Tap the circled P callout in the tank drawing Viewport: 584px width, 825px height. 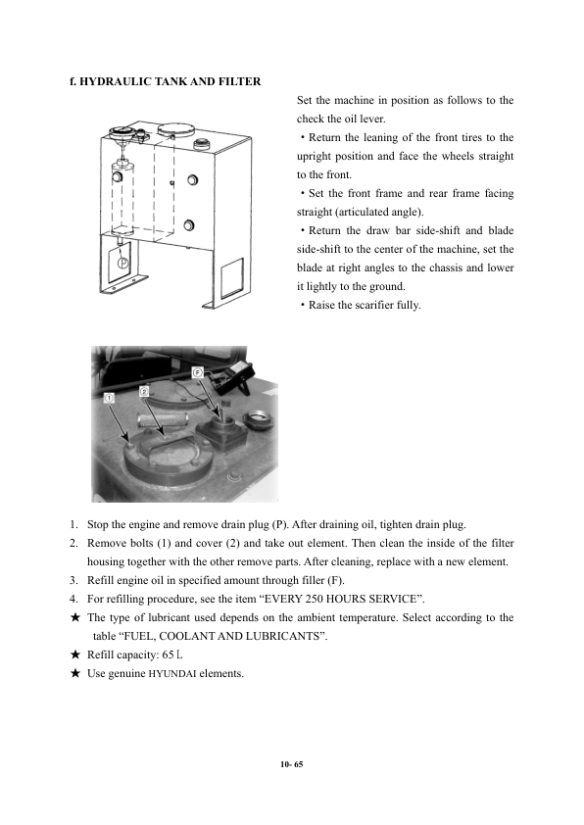(122, 262)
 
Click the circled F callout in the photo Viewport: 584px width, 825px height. (197, 372)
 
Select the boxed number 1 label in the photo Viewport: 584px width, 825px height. (109, 398)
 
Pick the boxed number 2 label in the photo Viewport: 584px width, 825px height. (145, 391)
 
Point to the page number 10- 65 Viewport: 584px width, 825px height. (292, 764)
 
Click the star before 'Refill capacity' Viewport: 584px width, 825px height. (75, 655)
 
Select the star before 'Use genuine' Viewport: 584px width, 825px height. (75, 673)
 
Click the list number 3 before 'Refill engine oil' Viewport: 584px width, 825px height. (73, 580)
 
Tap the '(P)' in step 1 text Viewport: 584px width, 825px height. (280, 524)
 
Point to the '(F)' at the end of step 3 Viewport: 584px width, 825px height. (337, 580)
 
